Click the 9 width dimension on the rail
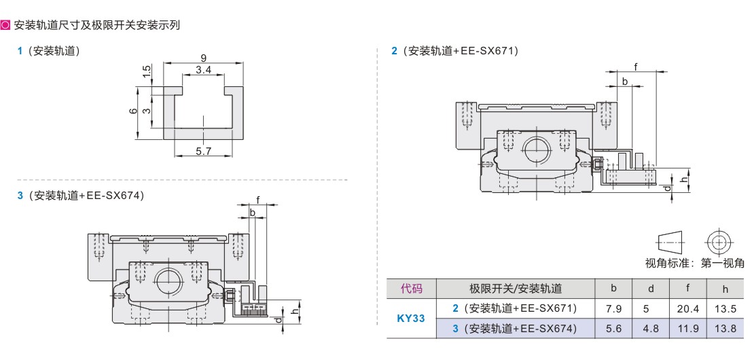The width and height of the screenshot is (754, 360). click(x=203, y=58)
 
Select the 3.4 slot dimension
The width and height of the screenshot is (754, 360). click(x=203, y=70)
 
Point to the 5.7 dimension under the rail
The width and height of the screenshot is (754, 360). click(x=204, y=151)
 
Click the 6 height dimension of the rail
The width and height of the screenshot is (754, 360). click(x=133, y=111)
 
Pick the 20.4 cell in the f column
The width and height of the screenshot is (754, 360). click(x=687, y=309)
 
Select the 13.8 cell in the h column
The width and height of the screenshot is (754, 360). click(x=725, y=329)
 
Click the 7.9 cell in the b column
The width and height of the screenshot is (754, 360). click(x=613, y=309)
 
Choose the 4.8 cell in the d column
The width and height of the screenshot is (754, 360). click(x=651, y=329)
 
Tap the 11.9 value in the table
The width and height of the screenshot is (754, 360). click(x=687, y=329)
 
